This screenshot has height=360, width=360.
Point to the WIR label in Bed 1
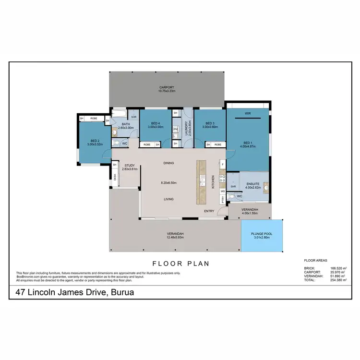pyautogui.click(x=248, y=114)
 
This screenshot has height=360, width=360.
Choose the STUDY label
pyautogui.click(x=129, y=166)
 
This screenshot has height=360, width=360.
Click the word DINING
pyautogui.click(x=168, y=163)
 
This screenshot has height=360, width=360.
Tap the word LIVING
pyautogui.click(x=168, y=199)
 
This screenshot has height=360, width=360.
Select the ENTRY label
pyautogui.click(x=209, y=211)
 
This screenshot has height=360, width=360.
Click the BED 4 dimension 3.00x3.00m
pyautogui.click(x=155, y=127)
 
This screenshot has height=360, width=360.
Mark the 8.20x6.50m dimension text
pyautogui.click(x=168, y=183)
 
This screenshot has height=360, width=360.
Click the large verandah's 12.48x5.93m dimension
pyautogui.click(x=175, y=237)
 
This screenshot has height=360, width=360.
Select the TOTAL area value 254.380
pyautogui.click(x=334, y=279)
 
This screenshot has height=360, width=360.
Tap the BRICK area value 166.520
pyautogui.click(x=334, y=268)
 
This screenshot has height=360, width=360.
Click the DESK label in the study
pyautogui.click(x=115, y=177)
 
